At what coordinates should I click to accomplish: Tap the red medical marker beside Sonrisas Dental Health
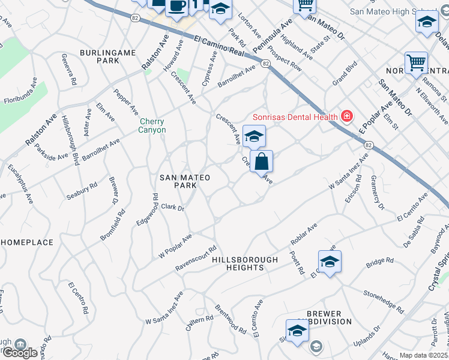click(346, 116)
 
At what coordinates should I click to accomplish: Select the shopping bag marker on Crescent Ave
click(262, 162)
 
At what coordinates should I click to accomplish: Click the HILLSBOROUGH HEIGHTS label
click(244, 263)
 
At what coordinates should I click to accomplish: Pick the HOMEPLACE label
click(28, 242)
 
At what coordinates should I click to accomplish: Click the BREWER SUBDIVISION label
click(328, 317)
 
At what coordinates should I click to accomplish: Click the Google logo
click(20, 352)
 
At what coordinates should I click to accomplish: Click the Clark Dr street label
click(172, 207)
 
